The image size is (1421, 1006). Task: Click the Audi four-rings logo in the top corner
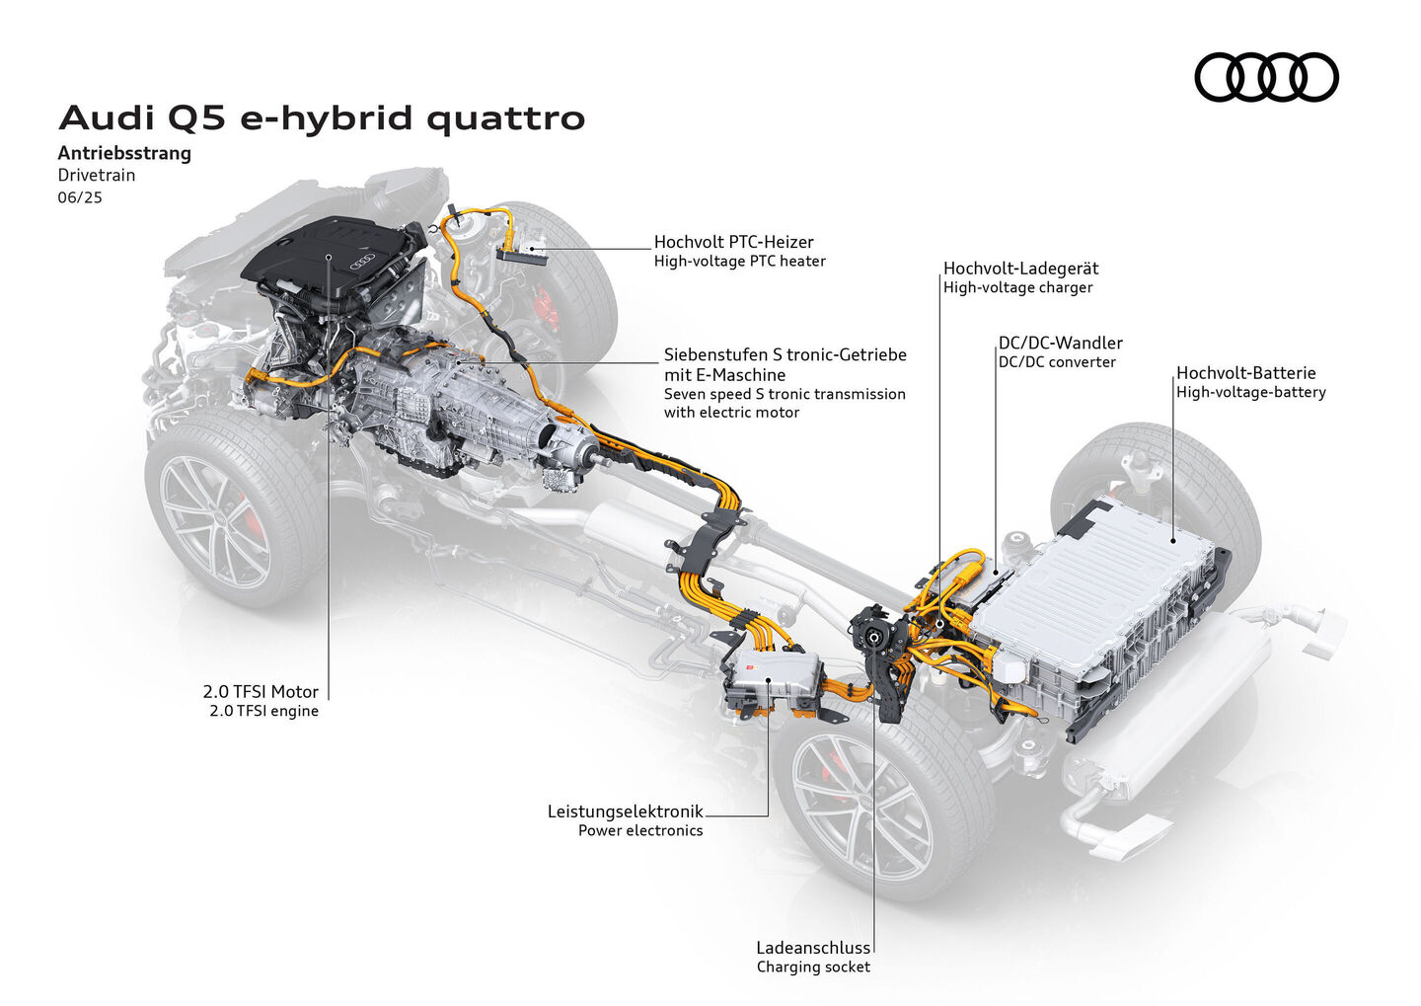(x=1266, y=77)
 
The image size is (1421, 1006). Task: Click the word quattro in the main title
(x=505, y=118)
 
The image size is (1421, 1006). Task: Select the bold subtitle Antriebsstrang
(x=124, y=153)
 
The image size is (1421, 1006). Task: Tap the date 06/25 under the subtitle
(x=80, y=197)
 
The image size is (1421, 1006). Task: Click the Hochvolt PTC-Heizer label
(x=733, y=242)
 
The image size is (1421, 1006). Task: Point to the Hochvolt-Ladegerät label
(x=1020, y=269)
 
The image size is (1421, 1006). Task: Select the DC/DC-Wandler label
(x=1060, y=344)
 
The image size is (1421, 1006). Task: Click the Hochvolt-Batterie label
(x=1245, y=373)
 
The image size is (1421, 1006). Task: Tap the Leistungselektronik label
(x=625, y=812)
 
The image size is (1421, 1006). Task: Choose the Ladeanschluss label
(x=813, y=948)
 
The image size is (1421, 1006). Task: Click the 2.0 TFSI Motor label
(x=261, y=692)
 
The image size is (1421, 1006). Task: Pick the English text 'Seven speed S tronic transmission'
(x=785, y=394)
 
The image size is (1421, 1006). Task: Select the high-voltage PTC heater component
(x=522, y=253)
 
